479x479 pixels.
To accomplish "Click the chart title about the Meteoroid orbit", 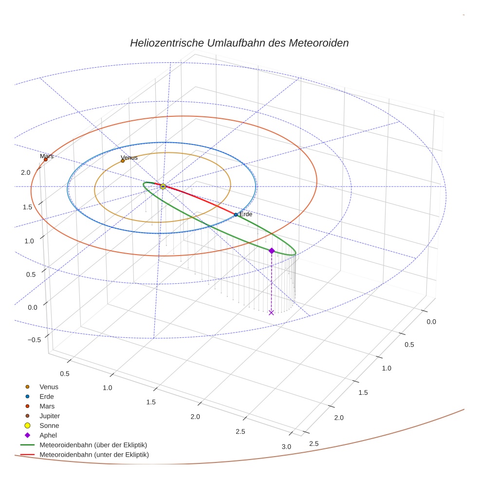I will point(239,43).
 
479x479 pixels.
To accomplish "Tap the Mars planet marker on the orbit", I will point(46,159).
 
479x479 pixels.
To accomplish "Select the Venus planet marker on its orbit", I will point(123,161).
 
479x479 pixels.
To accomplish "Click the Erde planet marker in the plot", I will point(236,215).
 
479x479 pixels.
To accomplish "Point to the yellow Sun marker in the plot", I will point(163,186).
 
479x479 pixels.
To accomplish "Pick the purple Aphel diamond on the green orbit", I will point(272,251).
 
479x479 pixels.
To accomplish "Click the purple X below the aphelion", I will point(271,313).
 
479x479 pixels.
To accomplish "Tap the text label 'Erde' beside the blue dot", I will point(245,215).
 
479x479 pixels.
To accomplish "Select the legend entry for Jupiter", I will point(49,416).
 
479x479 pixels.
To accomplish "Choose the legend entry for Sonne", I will point(49,426).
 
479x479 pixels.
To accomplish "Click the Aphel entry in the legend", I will point(48,435).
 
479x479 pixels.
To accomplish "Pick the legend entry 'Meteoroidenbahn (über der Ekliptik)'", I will point(93,445).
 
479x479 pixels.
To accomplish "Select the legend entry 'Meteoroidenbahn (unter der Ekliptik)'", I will point(94,455).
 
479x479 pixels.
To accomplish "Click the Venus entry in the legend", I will point(49,387).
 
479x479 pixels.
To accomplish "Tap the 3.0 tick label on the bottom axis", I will point(286,447).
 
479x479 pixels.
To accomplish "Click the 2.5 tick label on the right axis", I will point(314,443).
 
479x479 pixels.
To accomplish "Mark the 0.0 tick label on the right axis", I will point(431,322).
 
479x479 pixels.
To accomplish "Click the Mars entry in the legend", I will point(47,406).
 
